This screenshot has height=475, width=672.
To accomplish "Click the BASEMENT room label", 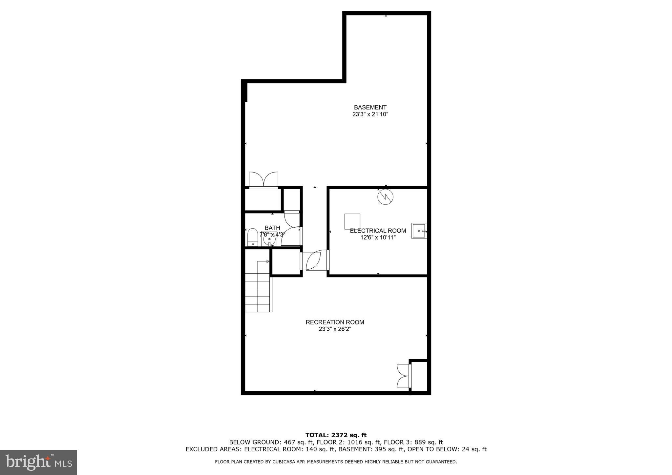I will pyautogui.click(x=370, y=107).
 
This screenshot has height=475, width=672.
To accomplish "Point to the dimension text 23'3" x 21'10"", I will pyautogui.click(x=370, y=114).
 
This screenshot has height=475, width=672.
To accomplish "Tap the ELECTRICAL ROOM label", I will pyautogui.click(x=378, y=231).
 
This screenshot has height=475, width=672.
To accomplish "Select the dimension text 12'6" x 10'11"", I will pyautogui.click(x=378, y=237).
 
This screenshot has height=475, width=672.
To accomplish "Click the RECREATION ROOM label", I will pyautogui.click(x=335, y=322).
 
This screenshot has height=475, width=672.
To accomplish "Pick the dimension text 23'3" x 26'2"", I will pyautogui.click(x=335, y=329).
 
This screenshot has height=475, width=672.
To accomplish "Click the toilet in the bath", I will pyautogui.click(x=252, y=237).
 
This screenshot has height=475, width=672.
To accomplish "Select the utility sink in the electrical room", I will pyautogui.click(x=419, y=231).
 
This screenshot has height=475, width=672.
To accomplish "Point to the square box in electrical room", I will pyautogui.click(x=352, y=221).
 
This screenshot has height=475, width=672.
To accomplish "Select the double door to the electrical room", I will pyautogui.click(x=314, y=260).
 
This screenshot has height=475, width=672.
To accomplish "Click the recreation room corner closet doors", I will pyautogui.click(x=403, y=376).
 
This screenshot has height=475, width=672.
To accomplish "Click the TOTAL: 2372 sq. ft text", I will pyautogui.click(x=336, y=435).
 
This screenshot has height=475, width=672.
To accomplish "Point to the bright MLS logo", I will pyautogui.click(x=38, y=462).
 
